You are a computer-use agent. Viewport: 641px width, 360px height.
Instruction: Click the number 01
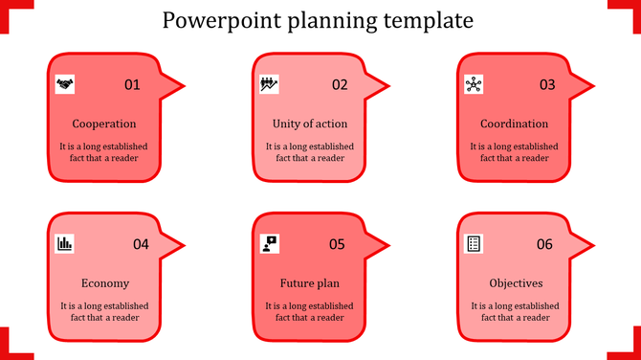132,85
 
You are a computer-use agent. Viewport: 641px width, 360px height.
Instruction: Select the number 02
340,85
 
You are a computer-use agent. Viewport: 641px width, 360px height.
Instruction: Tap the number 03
546,85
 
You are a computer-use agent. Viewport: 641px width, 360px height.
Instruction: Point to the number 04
141,244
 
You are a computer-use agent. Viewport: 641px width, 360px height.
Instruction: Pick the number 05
337,244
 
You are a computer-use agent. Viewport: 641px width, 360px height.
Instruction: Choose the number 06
544,244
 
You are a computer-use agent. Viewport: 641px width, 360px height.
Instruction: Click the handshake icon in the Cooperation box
65,84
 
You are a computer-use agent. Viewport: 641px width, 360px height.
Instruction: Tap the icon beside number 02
270,84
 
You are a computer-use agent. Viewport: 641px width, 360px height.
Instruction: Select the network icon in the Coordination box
474,84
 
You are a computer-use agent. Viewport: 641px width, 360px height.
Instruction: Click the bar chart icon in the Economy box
65,243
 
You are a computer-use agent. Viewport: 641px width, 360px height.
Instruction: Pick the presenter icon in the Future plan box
270,243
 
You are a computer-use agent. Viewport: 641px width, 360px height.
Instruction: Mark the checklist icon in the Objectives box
474,243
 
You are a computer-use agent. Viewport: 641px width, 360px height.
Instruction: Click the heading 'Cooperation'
104,124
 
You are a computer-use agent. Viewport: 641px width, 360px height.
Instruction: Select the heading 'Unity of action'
309,124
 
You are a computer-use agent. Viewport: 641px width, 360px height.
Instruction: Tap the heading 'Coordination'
515,124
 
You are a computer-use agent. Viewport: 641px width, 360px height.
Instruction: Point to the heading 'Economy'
104,283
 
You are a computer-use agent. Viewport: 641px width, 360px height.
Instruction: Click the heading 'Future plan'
309,283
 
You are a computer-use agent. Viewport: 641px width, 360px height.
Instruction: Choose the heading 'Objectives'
516,283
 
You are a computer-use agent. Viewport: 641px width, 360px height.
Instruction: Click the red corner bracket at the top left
9,9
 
